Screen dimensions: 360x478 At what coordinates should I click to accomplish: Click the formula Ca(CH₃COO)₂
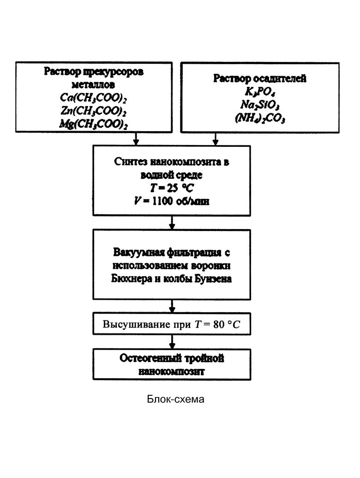(93, 97)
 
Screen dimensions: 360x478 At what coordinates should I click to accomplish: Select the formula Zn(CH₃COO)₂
(94, 111)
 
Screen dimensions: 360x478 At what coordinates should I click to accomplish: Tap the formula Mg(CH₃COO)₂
(94, 124)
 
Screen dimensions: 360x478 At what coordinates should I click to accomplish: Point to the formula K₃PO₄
(260, 91)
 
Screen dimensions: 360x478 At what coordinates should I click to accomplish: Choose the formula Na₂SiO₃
(260, 104)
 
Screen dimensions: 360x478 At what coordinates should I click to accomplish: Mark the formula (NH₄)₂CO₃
(260, 118)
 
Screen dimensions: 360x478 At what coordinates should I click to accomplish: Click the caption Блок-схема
(175, 399)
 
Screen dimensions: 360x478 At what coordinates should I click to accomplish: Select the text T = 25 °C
(172, 188)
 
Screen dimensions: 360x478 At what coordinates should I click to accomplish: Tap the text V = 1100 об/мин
(172, 201)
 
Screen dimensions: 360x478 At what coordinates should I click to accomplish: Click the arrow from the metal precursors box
(136, 139)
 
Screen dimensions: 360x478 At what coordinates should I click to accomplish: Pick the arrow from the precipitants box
(216, 139)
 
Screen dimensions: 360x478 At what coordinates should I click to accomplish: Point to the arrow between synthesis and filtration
(172, 223)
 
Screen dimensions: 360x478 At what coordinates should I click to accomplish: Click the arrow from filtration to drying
(172, 306)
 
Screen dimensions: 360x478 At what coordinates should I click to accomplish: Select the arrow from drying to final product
(172, 342)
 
